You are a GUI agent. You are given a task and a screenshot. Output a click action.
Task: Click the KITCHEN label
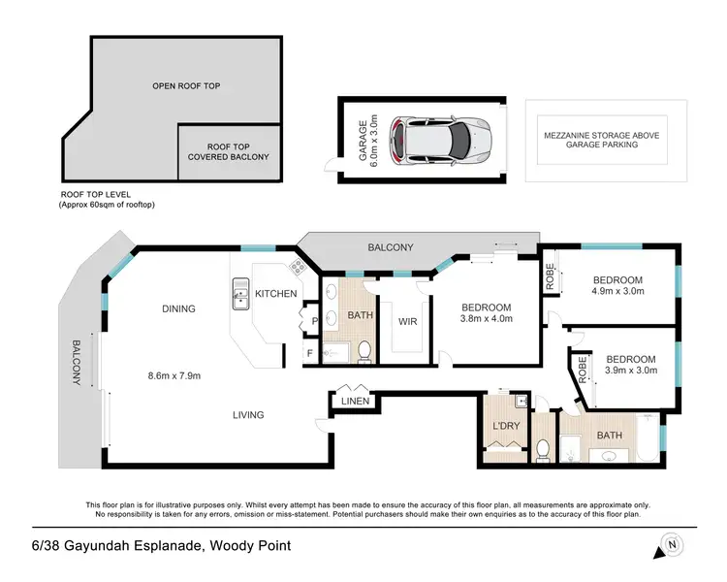276,293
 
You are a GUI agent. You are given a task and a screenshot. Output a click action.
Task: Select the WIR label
407,321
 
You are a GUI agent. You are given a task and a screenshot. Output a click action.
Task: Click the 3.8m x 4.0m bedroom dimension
486,318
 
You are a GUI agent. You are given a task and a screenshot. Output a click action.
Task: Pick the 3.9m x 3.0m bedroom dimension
631,370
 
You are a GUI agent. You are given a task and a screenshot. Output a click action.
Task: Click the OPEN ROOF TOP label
186,86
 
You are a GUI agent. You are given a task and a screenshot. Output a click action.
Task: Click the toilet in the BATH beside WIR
364,350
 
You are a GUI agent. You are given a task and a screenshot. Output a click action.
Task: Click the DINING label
178,309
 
